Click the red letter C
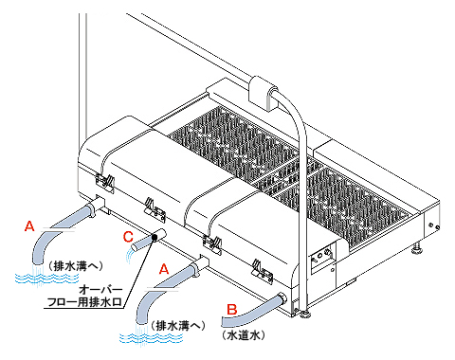pyautogui.click(x=128, y=237)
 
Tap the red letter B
pyautogui.click(x=232, y=309)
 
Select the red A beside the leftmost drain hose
pyautogui.click(x=29, y=225)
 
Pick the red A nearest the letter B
pyautogui.click(x=164, y=269)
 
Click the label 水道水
pyautogui.click(x=243, y=335)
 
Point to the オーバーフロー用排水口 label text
pyautogui.click(x=84, y=296)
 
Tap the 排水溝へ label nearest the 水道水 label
pyautogui.click(x=178, y=326)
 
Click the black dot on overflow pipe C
pyautogui.click(x=155, y=237)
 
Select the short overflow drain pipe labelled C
pyautogui.click(x=149, y=240)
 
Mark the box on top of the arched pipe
pyautogui.click(x=263, y=93)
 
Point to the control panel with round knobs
pyautogui.click(x=322, y=258)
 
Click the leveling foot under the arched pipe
pyautogui.click(x=305, y=315)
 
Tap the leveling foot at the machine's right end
pyautogui.click(x=418, y=249)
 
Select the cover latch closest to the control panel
pyautogui.click(x=263, y=271)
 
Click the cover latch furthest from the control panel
pyautogui.click(x=104, y=183)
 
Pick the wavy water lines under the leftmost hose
pyautogui.click(x=46, y=279)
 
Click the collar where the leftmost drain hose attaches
pyautogui.click(x=91, y=209)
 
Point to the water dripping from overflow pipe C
pyautogui.click(x=130, y=255)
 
